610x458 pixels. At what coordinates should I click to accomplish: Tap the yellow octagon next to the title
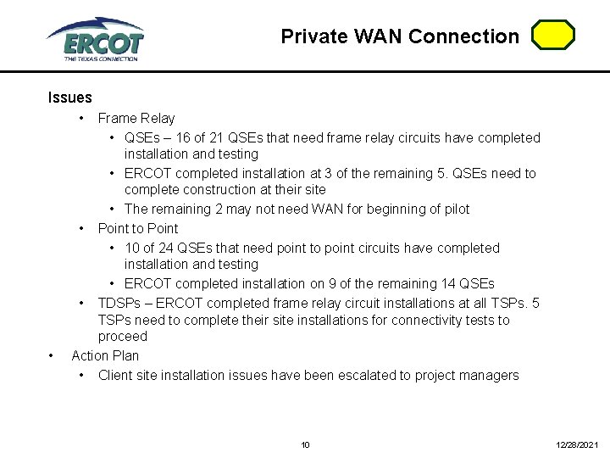click(x=553, y=35)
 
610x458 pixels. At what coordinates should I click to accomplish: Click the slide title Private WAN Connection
click(x=400, y=36)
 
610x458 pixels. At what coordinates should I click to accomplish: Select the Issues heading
click(x=69, y=98)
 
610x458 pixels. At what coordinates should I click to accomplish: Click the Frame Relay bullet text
click(x=136, y=119)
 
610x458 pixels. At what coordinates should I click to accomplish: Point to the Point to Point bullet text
click(x=138, y=229)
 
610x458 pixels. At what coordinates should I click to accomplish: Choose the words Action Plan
click(x=105, y=356)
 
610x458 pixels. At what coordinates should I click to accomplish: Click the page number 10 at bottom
click(x=306, y=444)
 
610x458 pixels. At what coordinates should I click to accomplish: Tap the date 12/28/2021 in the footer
click(x=577, y=444)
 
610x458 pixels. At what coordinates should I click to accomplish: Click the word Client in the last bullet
click(x=117, y=376)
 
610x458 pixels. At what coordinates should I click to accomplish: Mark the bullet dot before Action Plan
click(x=53, y=356)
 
